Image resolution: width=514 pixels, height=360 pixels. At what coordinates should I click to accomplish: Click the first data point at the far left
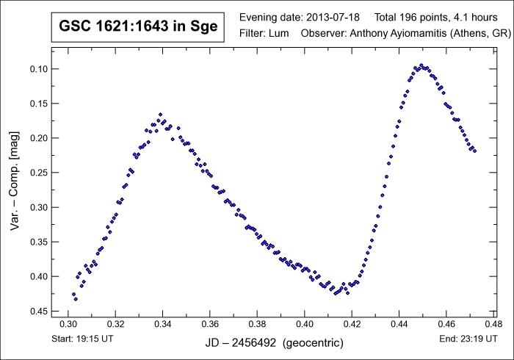point(73,294)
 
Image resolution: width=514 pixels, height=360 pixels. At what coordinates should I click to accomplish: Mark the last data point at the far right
point(475,151)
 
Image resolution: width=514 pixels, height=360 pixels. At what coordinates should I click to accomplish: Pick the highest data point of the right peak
point(421,65)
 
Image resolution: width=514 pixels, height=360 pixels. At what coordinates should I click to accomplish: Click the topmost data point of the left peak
point(161,115)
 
